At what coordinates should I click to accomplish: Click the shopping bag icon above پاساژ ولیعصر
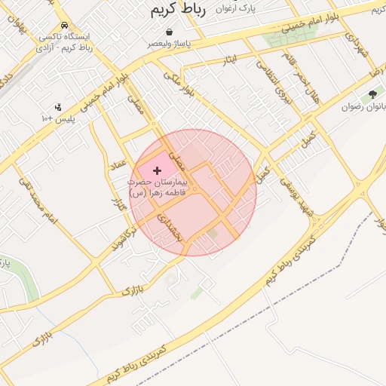169,32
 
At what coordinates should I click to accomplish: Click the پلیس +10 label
58,118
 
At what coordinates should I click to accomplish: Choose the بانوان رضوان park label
363,107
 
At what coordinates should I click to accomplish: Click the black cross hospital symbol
157,171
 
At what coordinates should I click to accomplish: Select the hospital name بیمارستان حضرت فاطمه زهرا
158,188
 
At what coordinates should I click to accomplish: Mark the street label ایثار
229,59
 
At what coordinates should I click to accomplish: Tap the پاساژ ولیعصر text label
169,44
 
